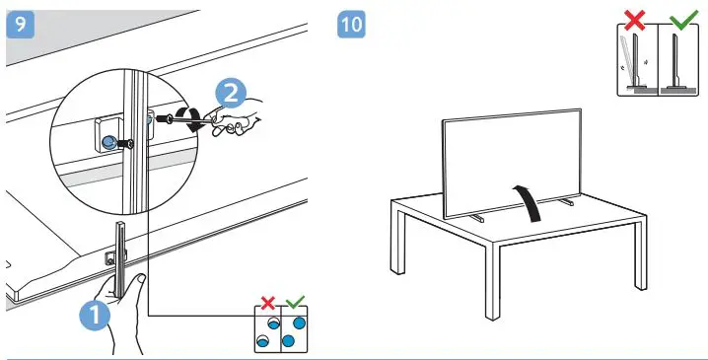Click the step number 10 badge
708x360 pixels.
350,25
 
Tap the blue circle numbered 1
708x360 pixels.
92,317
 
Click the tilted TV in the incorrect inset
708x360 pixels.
630,61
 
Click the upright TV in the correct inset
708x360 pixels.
673,61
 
